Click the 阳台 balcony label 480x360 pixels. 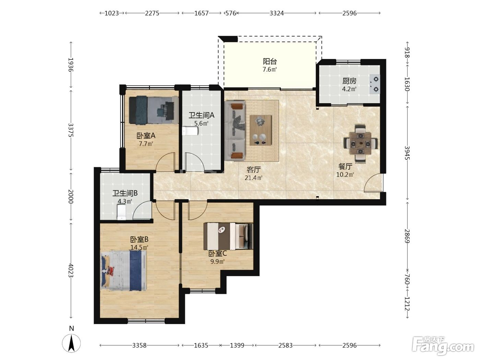coord(269,61)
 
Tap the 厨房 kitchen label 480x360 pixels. coord(349,81)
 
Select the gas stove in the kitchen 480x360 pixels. coord(375,84)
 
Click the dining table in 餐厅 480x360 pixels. coord(360,144)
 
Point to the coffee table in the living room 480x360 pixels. coord(261,130)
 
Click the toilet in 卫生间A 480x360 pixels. coord(190,131)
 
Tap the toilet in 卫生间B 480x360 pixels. coord(122,212)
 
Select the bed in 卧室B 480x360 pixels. coord(123,271)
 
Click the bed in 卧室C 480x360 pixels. coord(228,236)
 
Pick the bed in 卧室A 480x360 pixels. coord(154,110)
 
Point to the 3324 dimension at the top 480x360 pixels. coord(277,13)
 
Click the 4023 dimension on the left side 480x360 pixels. coord(71,271)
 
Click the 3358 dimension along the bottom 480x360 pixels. coord(139,345)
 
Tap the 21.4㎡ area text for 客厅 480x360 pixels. coord(253,178)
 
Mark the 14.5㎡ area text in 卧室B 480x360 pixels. coord(139,247)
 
